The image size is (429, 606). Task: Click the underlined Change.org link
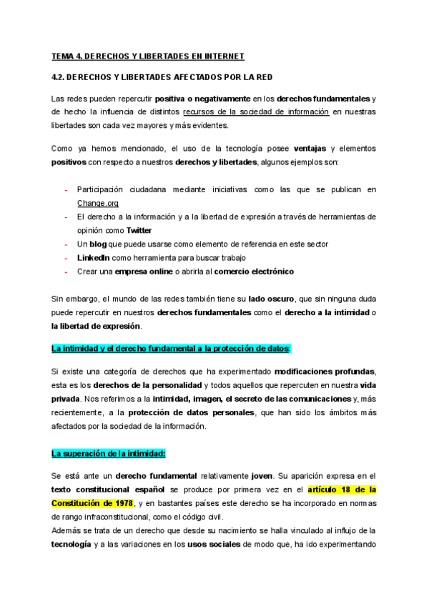coord(98,203)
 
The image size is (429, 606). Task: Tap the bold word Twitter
coord(139,230)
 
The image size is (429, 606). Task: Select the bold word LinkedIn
coord(93,257)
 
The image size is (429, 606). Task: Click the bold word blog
coord(99,244)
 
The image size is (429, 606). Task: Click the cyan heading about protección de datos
coord(171,348)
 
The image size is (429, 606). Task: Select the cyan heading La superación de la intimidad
coord(109,454)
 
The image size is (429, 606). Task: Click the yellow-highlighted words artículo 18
coord(335,490)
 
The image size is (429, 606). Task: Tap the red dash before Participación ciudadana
coord(66,189)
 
